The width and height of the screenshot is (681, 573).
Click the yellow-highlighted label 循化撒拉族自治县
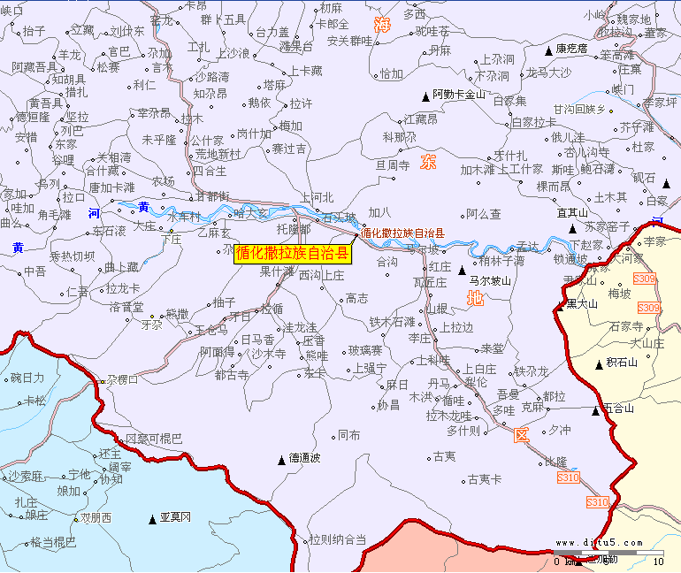tap(293, 255)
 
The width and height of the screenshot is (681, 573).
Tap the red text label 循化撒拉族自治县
tap(402, 233)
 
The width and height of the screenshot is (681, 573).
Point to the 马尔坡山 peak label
tap(490, 280)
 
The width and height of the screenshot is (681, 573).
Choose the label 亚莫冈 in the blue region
tap(175, 516)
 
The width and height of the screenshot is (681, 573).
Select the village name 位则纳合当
tap(337, 539)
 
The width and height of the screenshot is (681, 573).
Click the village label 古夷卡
tap(484, 479)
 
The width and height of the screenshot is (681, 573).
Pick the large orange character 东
tap(429, 162)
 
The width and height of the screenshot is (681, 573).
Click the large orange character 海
tap(381, 25)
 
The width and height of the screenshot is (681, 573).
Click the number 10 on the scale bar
tap(657, 562)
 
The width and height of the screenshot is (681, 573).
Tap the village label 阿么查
tap(484, 214)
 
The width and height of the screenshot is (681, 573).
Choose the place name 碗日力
tap(27, 378)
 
